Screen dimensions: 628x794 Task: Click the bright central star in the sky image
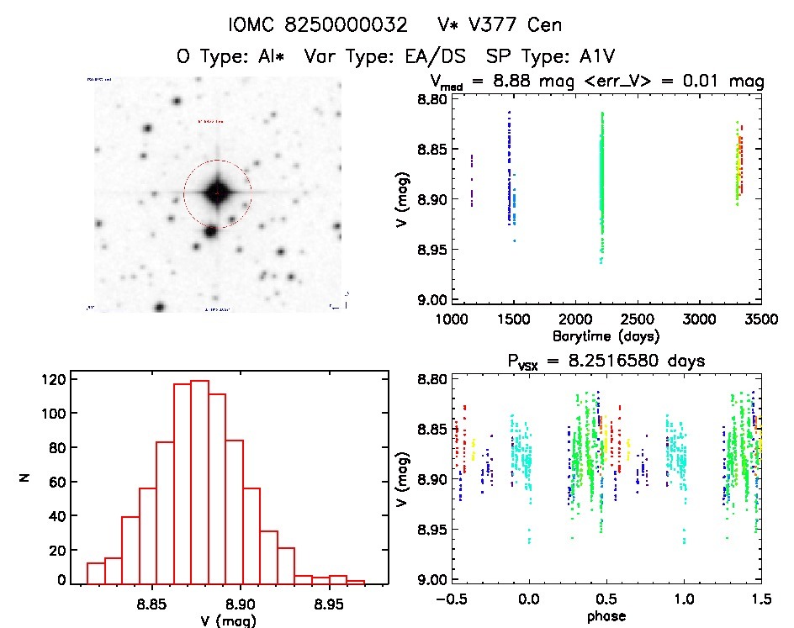point(217,193)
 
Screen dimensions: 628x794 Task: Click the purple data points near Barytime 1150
point(472,180)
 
